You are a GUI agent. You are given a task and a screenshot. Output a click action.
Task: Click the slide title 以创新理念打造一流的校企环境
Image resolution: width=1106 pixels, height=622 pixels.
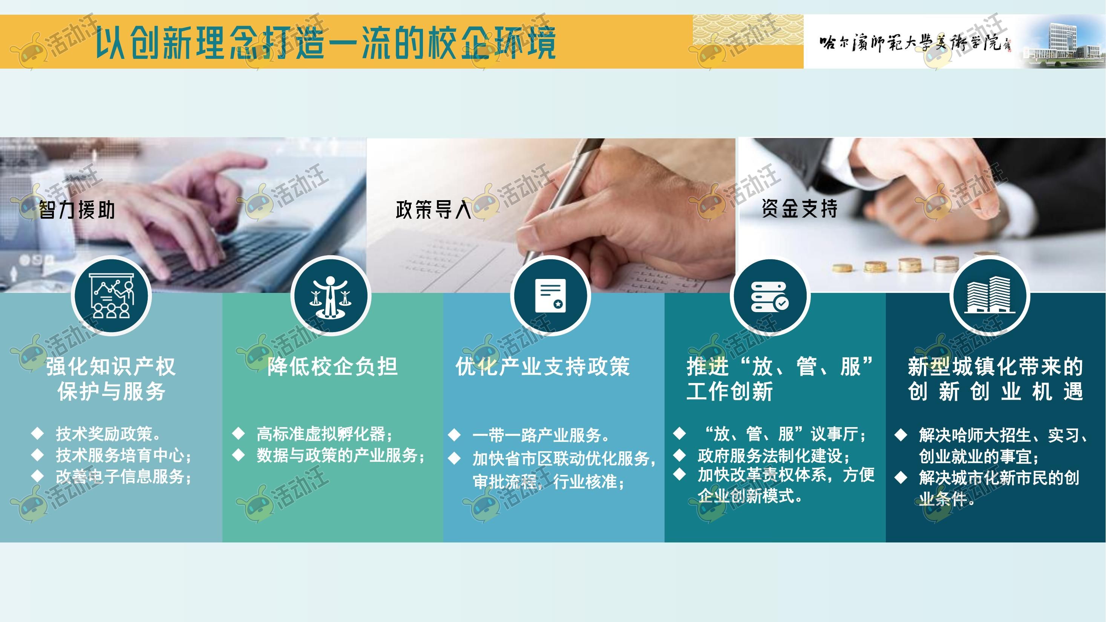[325, 42]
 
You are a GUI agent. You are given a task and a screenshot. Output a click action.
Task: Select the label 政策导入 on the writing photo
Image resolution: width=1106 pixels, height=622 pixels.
[434, 210]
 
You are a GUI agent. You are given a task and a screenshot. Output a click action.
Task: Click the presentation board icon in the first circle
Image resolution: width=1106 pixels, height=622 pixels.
[111, 296]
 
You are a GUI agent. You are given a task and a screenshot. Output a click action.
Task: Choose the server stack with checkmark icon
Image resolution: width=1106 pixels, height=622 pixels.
[770, 297]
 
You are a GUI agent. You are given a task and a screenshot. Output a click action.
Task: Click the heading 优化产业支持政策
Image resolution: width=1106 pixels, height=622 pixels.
[543, 366]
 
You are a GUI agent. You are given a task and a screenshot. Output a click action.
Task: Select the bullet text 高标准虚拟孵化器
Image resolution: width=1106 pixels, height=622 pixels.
[324, 434]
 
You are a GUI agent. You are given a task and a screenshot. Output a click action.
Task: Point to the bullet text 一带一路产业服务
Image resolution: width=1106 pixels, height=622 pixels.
[541, 435]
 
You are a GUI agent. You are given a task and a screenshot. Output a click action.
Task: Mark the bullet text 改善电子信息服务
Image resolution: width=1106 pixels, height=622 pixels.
[124, 476]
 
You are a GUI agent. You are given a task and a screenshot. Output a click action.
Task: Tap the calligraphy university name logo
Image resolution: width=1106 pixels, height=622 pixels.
[915, 43]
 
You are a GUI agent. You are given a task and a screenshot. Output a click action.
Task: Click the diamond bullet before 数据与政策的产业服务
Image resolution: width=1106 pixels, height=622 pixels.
[238, 455]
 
